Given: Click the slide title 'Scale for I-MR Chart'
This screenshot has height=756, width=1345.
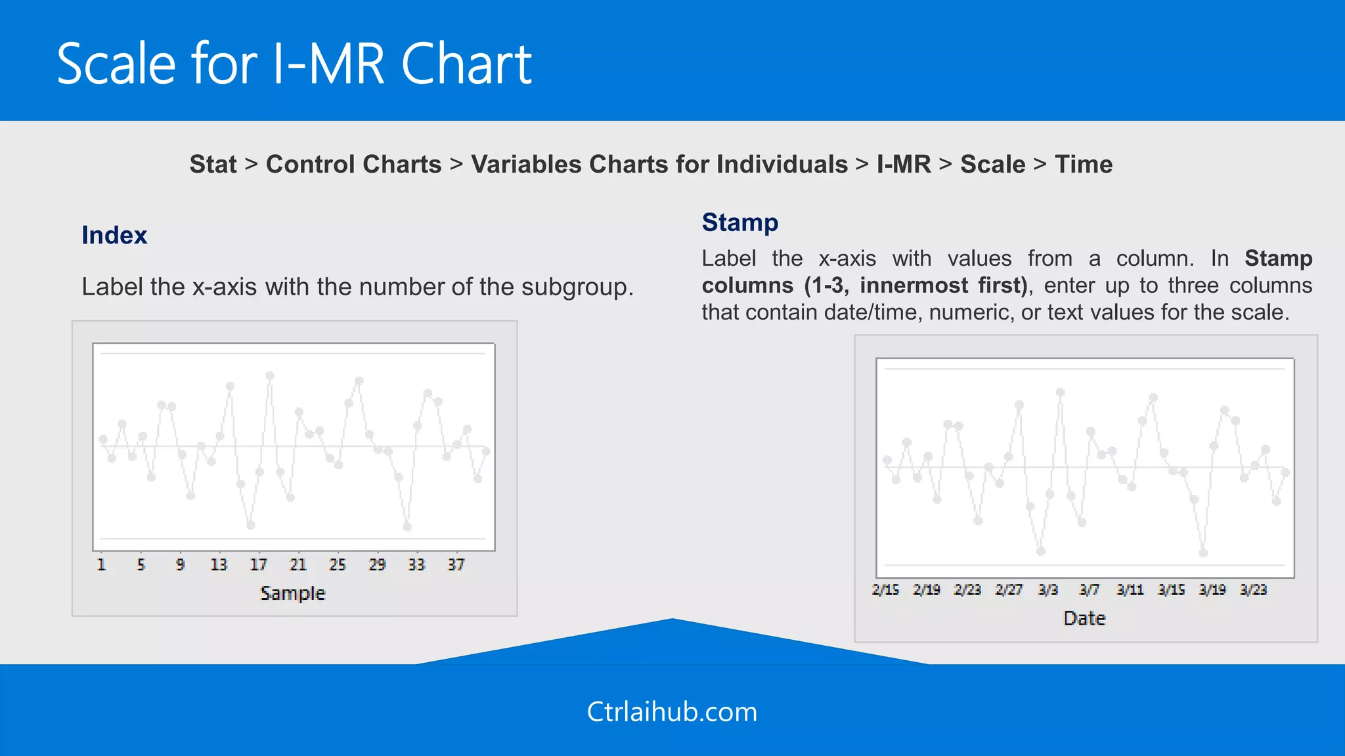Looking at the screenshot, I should pos(294,64).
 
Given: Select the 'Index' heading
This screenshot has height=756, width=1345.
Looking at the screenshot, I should pos(114,235).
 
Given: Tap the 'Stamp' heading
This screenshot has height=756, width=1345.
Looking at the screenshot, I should pos(740,222).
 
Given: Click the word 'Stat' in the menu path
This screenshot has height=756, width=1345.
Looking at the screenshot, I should pos(213,164).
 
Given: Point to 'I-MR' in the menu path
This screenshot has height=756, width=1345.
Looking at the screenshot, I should pos(904,164).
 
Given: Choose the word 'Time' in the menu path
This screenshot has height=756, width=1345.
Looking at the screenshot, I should pos(1084,164).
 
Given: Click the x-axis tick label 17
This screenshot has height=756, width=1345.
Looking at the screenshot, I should pos(259,564).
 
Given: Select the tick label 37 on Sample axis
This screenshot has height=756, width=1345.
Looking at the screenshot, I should pos(456,564).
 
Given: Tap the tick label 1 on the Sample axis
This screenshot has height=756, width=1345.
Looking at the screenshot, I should pos(101,564).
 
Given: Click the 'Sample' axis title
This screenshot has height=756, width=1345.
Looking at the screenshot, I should pos(293,593).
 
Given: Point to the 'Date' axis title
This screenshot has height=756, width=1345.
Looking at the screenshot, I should pos(1084,618).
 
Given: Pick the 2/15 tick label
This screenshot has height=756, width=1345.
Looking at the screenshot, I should pos(885,590).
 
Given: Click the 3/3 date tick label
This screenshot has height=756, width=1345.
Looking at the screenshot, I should pos(1048,590).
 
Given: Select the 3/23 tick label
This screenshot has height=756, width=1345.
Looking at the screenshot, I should pos(1253,590).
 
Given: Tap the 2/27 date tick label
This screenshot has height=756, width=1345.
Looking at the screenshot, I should pos(1008,590).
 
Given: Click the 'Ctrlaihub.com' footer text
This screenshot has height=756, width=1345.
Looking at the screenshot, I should pos(672,712).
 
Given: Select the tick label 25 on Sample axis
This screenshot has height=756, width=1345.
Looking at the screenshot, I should pos(338,564).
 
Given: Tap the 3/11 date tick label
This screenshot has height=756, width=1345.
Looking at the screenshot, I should pos(1130,590).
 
